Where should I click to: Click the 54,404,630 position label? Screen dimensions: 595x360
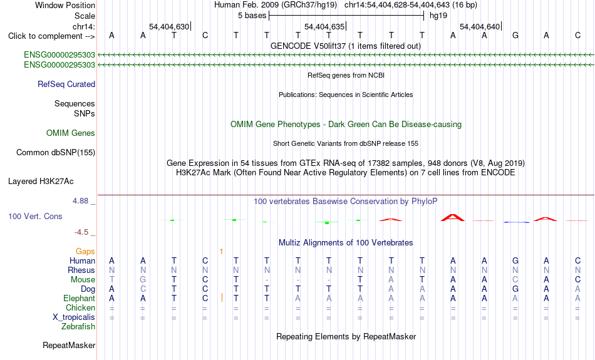coord(169,26)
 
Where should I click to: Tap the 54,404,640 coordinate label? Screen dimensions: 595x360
coord(480,26)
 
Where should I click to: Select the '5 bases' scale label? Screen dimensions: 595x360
coord(252,16)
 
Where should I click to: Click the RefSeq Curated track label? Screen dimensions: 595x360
coord(66,85)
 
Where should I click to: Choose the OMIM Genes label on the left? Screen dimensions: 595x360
coord(71,133)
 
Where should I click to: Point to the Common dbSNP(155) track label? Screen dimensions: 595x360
coord(56,153)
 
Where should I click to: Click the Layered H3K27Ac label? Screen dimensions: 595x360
coord(41,182)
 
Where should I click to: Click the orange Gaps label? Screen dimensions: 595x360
coord(85,252)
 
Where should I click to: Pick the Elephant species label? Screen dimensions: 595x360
coord(79,299)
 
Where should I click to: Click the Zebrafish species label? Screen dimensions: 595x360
coord(78,327)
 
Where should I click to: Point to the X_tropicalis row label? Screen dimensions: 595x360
coord(74,317)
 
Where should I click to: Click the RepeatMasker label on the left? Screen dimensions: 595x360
coord(69,345)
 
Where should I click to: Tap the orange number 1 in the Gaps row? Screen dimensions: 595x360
coord(221,252)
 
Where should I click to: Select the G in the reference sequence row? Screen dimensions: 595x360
coord(515,36)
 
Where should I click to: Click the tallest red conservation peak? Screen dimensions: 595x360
coord(453,218)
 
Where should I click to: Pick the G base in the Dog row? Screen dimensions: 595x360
coord(515,289)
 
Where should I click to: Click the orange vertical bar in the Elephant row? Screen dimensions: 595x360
coord(222,298)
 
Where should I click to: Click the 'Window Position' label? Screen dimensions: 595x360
coord(65,5)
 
